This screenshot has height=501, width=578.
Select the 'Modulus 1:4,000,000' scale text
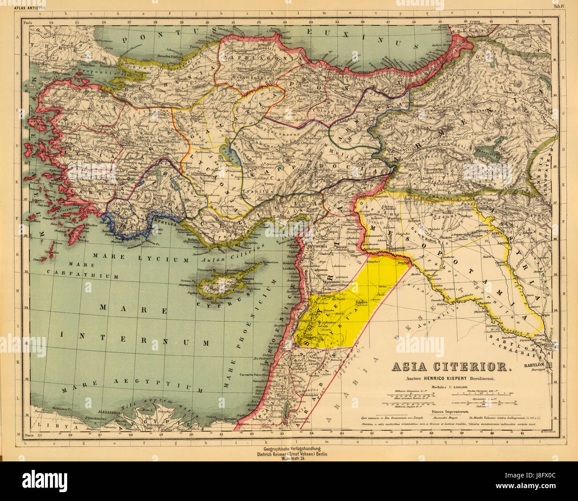pyautogui.click(x=450, y=386)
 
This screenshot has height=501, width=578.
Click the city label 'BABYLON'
pyautogui.click(x=536, y=365)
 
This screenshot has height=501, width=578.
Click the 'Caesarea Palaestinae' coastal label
pyautogui.click(x=254, y=375)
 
